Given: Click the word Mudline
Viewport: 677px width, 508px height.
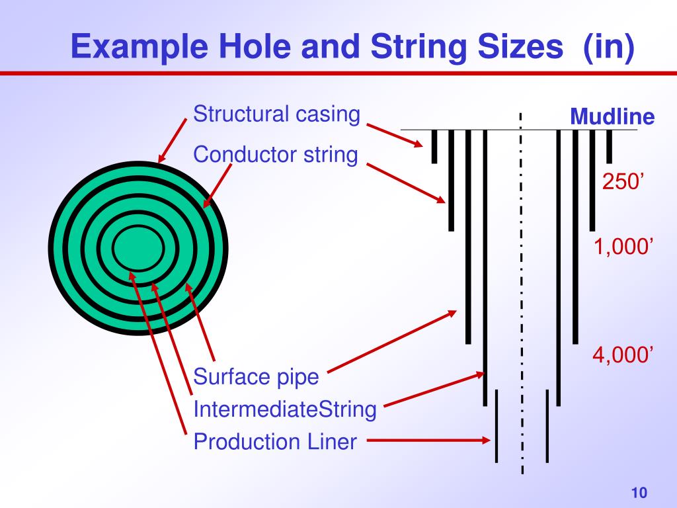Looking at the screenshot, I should tap(612, 118).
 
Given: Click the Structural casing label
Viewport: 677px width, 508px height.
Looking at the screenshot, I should tap(276, 114).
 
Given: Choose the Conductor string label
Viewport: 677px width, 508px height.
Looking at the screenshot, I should tap(275, 155).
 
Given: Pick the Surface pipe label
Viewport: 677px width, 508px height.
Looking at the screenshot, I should tap(256, 378).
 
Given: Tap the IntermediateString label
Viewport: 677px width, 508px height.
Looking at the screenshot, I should tap(285, 409).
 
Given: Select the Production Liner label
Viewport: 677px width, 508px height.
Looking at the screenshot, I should tap(275, 441).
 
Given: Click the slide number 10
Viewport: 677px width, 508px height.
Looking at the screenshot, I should tap(639, 493).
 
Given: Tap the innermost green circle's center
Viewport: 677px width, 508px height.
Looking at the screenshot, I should tap(138, 249).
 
